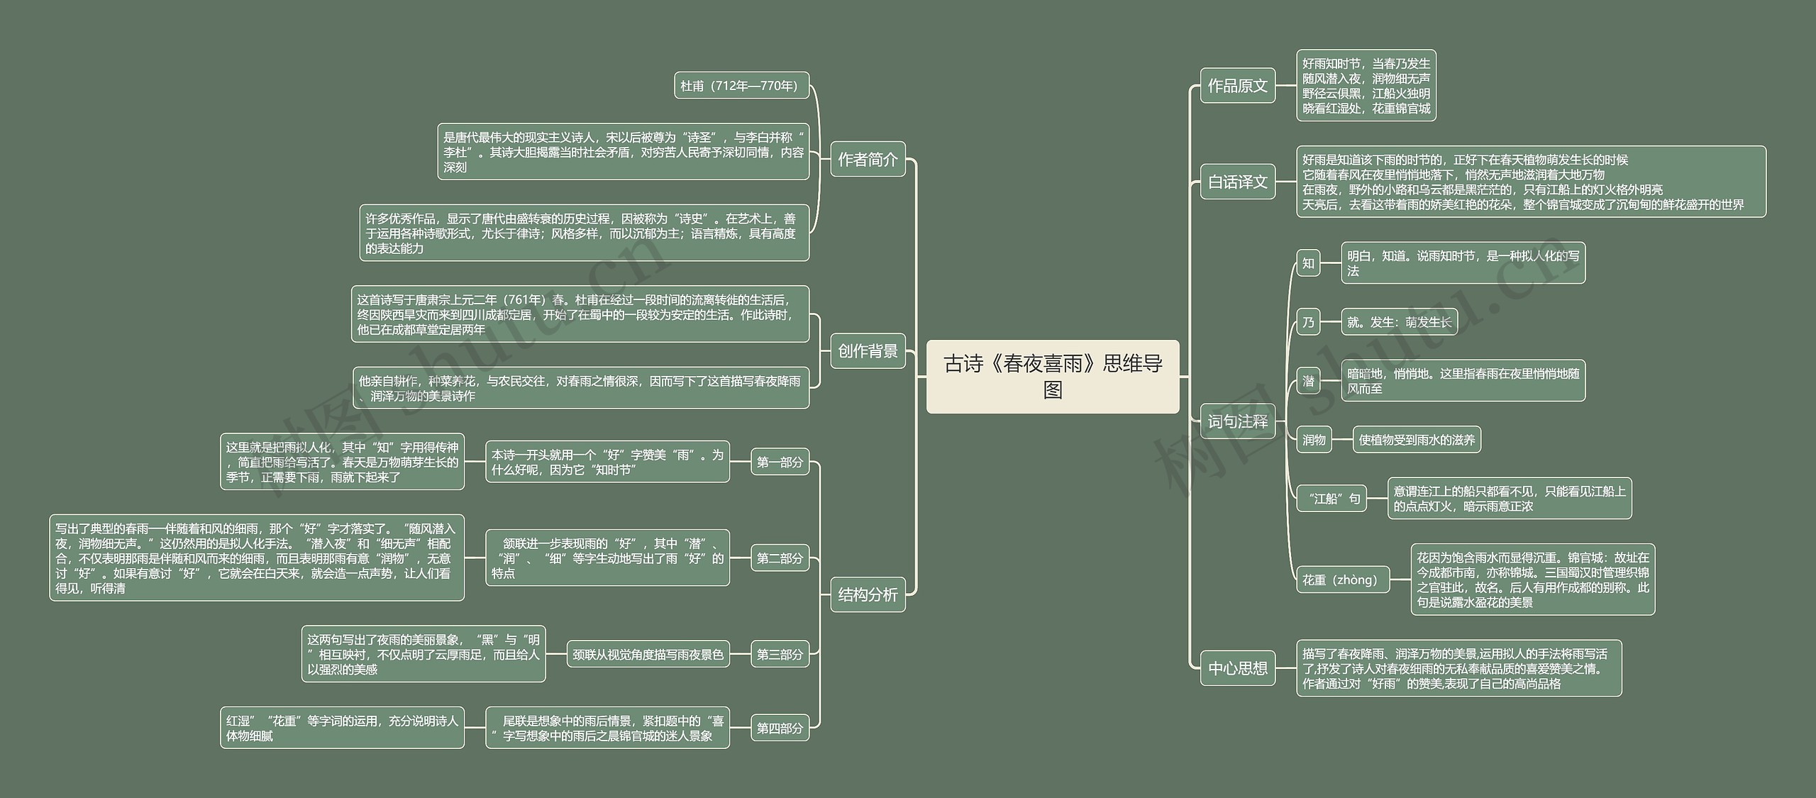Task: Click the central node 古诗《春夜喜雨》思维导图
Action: coord(1053,377)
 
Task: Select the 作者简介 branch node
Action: coord(868,160)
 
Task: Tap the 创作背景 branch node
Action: coord(868,351)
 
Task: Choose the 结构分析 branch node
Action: coord(868,594)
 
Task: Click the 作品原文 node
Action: coord(1237,86)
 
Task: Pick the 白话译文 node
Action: coord(1237,182)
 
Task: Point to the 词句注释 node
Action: coord(1237,422)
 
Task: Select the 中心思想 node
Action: coord(1237,668)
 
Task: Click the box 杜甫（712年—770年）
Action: coord(741,86)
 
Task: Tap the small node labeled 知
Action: coord(1308,264)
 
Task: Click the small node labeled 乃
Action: coord(1308,323)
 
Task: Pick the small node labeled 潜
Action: coord(1308,382)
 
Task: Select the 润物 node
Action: coord(1314,440)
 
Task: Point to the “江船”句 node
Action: coord(1331,499)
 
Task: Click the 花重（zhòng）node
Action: coord(1342,580)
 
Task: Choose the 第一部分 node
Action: coord(780,462)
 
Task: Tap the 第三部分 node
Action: coord(780,654)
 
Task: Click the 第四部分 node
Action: coord(780,728)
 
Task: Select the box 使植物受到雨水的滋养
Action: coord(1417,440)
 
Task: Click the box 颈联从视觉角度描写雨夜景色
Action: coord(648,654)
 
